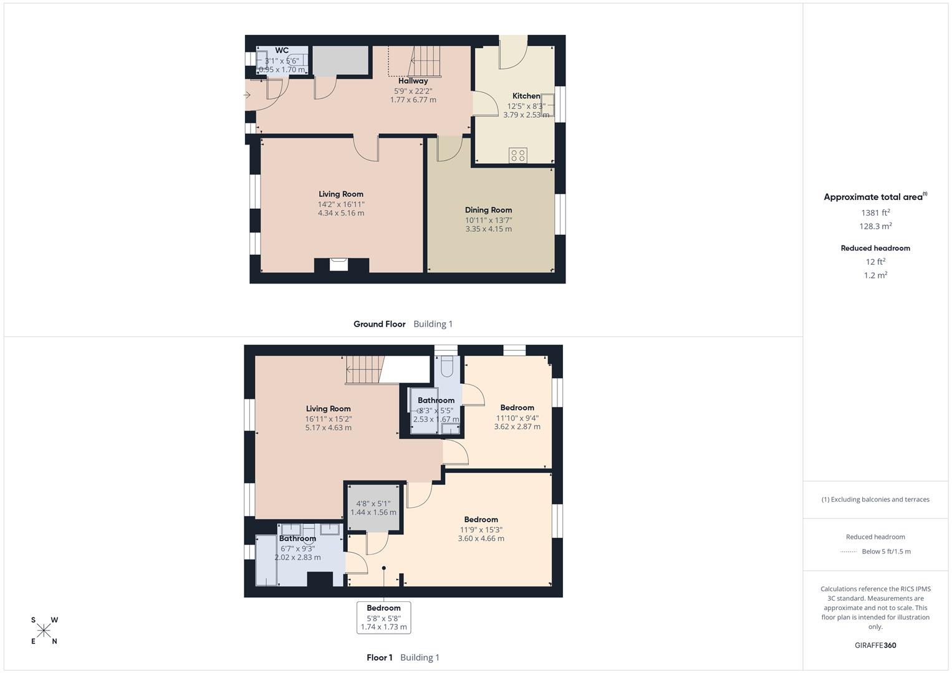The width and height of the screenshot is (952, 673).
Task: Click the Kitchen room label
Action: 526,96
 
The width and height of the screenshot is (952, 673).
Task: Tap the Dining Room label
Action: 488,210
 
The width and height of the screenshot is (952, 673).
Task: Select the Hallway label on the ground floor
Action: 413,81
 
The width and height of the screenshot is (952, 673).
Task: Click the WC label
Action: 282,50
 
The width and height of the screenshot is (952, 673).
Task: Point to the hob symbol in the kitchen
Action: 517,155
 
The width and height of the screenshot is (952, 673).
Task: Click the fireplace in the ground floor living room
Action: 339,264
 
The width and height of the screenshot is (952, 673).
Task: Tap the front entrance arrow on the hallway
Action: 247,95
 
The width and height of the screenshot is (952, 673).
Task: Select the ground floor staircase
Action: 426,61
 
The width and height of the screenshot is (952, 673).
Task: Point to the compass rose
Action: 44,631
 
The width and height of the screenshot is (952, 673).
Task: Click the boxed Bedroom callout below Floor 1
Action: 383,617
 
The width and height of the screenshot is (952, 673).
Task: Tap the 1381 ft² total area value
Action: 875,212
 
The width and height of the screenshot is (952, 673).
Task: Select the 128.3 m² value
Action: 875,226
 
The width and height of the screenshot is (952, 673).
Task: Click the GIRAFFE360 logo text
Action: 875,645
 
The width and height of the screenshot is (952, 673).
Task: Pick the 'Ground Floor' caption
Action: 379,324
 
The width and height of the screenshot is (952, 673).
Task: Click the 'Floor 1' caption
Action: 379,657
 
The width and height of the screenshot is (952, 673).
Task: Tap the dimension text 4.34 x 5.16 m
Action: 340,213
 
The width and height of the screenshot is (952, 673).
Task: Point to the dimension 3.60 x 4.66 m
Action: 481,538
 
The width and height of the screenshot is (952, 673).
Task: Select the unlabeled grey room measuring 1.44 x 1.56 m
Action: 373,508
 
